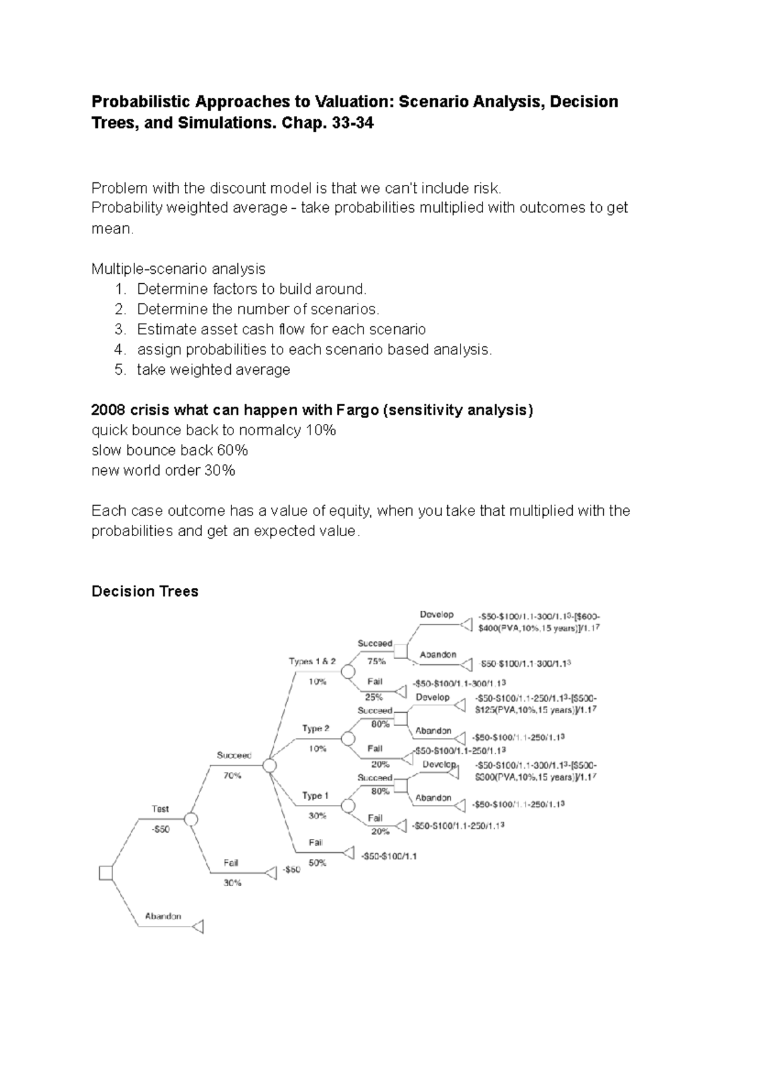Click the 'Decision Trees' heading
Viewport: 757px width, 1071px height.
[144, 591]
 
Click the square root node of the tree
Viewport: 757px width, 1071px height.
[106, 872]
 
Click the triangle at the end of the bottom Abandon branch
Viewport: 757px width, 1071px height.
[198, 927]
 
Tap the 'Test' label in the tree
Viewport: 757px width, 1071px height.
[160, 809]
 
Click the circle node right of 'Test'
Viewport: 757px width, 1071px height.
[191, 819]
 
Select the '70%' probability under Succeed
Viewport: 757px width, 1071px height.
[232, 776]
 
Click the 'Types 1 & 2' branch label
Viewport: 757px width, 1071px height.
[312, 662]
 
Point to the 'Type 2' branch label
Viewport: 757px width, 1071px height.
[315, 729]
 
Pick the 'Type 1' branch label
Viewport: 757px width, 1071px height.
[315, 796]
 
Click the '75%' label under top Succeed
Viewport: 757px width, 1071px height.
[377, 662]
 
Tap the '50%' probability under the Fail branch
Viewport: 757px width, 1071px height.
[317, 863]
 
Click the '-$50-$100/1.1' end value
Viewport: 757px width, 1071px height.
[389, 856]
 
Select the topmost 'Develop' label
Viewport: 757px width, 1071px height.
[437, 614]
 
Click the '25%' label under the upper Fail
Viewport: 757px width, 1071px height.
[373, 697]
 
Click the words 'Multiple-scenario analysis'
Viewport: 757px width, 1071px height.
[178, 269]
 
